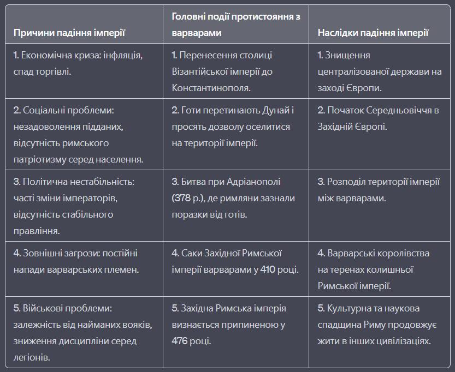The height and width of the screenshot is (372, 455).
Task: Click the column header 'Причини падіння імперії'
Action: point(69,33)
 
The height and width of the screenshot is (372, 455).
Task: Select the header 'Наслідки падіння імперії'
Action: point(373,33)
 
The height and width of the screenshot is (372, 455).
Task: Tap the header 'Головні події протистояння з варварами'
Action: point(235,25)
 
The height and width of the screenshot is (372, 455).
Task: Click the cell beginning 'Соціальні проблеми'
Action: point(84,135)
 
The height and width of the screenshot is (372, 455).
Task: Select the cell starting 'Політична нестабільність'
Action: point(84,206)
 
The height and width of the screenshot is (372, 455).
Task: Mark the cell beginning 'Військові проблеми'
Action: point(84,333)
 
